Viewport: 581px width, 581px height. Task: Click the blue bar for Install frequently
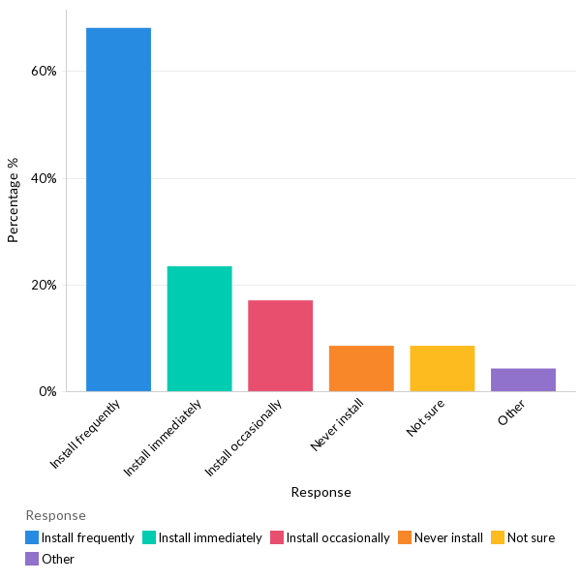(118, 209)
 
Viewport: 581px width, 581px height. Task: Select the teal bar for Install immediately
(199, 328)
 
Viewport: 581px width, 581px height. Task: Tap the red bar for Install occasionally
(280, 346)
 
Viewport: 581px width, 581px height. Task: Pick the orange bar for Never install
(361, 368)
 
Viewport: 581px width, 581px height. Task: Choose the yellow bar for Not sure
(442, 368)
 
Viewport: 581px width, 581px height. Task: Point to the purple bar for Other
(523, 380)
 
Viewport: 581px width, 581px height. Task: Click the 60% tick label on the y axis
(45, 72)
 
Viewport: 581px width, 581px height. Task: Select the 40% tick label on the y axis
(45, 179)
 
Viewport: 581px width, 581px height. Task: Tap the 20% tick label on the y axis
(45, 286)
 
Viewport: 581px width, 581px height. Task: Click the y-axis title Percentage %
(14, 199)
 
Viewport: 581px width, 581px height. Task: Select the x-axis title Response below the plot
(321, 492)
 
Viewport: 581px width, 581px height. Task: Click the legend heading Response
(55, 515)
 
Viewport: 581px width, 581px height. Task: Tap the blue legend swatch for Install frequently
(32, 537)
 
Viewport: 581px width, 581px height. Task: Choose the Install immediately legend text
(210, 537)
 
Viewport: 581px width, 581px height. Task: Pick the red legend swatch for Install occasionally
(277, 537)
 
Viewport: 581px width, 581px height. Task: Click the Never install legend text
(448, 537)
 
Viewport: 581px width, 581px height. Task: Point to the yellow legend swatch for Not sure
(498, 537)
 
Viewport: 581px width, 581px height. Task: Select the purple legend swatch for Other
(32, 559)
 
